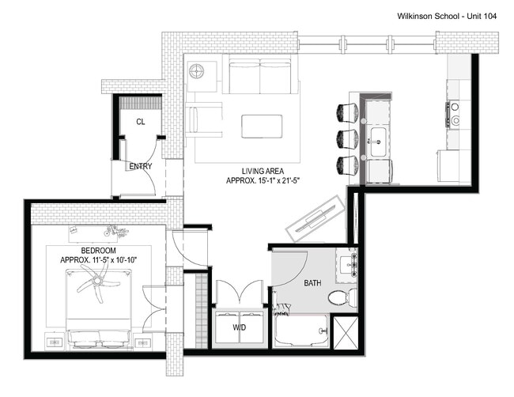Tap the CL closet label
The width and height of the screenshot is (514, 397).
point(140,122)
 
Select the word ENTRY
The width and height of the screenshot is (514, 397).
point(140,166)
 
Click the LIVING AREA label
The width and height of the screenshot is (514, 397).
point(263,171)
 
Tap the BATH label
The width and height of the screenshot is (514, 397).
point(314,282)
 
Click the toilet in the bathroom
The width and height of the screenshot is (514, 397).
point(338,298)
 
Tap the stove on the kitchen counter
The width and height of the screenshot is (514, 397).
point(456,115)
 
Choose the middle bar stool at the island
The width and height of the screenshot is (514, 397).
point(346,138)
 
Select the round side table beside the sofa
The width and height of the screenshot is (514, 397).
point(197,71)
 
